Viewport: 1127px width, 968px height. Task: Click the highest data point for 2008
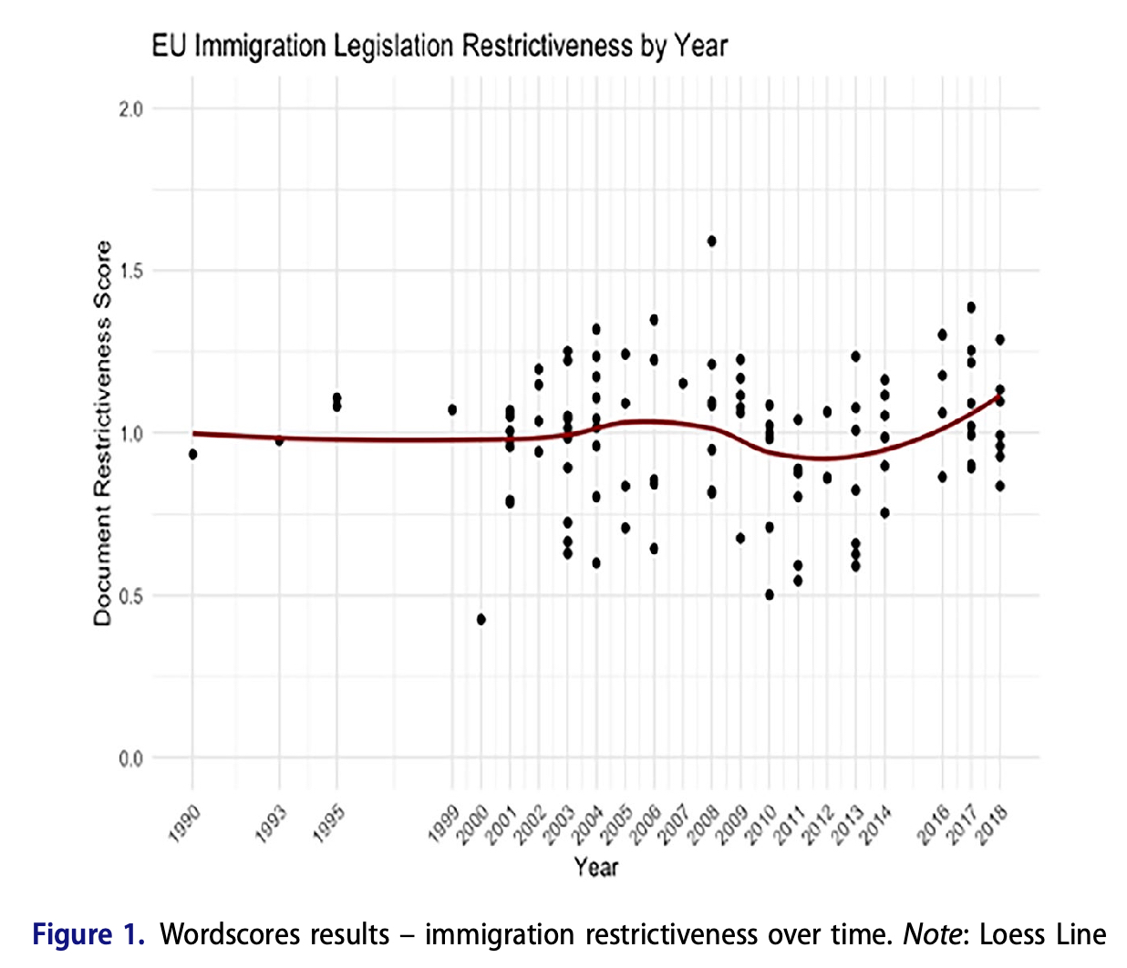[711, 242]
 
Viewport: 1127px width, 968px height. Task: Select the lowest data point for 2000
[481, 620]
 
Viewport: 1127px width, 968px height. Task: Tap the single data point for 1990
[192, 454]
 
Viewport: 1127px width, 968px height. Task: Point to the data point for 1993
[279, 440]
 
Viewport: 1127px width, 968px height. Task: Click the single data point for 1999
[452, 410]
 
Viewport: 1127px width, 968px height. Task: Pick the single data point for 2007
[683, 384]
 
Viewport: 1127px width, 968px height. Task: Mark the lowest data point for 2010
[770, 594]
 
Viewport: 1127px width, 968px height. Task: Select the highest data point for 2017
[971, 307]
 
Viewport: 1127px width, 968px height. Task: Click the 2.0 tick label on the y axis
[131, 109]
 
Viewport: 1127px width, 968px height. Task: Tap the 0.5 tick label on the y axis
[131, 596]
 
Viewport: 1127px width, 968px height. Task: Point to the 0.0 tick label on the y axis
[131, 758]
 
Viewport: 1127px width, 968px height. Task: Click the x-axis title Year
[596, 867]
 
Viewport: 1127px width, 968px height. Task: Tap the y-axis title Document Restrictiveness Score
[102, 433]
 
